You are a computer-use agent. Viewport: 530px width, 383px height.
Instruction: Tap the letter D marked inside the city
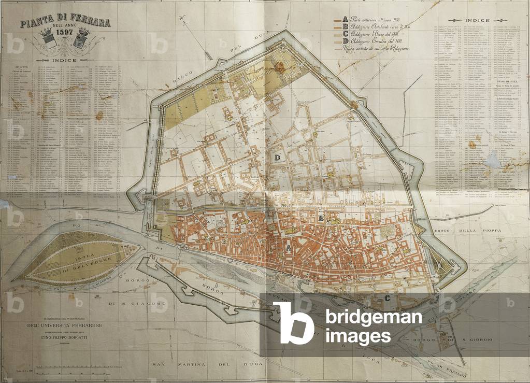click(x=278, y=157)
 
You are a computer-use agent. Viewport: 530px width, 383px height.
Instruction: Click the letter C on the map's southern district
click(x=388, y=297)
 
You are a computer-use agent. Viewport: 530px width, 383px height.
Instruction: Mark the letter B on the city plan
click(x=321, y=218)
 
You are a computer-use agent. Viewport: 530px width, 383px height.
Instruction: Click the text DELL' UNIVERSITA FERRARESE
click(x=64, y=325)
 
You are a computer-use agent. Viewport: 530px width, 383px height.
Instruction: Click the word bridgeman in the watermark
click(x=373, y=317)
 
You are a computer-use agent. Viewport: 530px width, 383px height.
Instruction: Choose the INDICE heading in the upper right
click(x=477, y=21)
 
